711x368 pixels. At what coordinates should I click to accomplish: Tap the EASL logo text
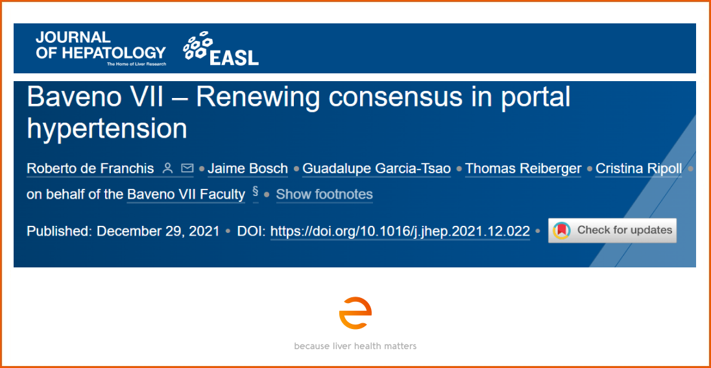tap(234, 57)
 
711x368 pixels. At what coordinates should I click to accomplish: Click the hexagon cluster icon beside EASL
tap(197, 45)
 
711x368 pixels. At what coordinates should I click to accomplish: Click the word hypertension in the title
tap(107, 129)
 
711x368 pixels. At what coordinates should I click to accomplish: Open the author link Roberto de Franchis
tap(91, 169)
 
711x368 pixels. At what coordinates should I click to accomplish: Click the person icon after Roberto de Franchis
tap(168, 169)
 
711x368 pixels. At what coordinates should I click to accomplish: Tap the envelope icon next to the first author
tap(187, 169)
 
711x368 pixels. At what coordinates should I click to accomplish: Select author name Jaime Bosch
tap(248, 169)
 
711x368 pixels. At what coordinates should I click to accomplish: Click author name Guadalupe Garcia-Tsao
tap(376, 169)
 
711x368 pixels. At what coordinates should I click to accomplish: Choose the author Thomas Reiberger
tap(524, 169)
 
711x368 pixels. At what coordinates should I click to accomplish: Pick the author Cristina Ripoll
tap(638, 169)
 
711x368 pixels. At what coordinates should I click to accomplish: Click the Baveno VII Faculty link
tap(186, 195)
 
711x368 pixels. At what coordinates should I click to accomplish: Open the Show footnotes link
tap(324, 195)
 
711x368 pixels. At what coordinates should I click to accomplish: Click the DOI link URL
tap(400, 231)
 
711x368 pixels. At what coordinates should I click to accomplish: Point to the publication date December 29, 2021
tap(158, 231)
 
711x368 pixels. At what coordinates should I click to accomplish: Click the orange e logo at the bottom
tap(355, 313)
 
